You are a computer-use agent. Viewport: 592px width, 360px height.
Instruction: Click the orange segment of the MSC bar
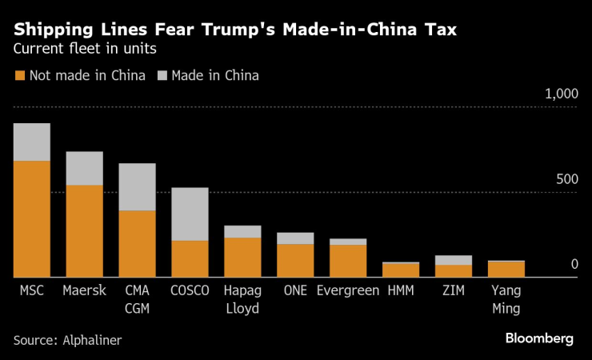click(32, 218)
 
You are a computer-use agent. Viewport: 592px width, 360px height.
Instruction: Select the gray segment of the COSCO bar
click(190, 214)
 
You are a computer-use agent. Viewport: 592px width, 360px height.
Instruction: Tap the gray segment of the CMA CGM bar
click(137, 186)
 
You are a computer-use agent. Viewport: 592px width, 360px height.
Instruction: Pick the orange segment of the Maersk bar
click(84, 230)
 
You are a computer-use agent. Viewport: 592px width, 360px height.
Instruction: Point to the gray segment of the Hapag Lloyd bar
click(242, 231)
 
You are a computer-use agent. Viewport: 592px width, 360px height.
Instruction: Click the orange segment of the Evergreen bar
click(348, 261)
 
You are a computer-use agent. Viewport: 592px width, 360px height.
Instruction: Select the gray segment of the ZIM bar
click(454, 260)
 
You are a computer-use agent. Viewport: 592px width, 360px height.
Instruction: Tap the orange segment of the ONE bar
click(295, 260)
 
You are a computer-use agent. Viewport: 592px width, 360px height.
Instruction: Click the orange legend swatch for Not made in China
click(19, 76)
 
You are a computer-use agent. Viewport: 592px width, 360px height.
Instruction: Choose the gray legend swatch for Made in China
click(162, 76)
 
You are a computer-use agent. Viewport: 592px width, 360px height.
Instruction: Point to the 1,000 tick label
click(561, 94)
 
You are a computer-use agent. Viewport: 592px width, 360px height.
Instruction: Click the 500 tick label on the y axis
click(565, 178)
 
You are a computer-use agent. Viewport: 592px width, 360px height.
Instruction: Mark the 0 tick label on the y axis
click(574, 264)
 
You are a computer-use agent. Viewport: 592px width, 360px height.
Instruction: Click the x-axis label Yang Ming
click(506, 299)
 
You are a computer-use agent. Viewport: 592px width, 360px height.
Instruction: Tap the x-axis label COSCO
click(190, 290)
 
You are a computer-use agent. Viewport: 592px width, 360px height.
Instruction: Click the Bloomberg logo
click(539, 338)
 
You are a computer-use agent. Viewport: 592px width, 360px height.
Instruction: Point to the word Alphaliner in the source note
click(93, 340)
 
